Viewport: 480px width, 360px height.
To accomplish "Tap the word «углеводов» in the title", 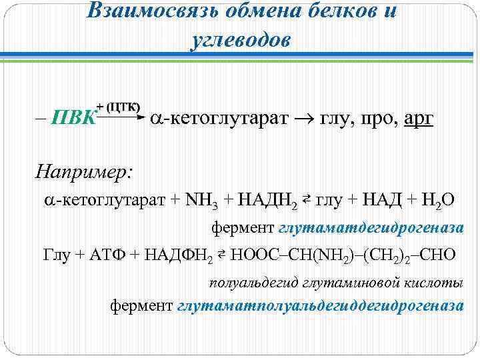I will pyautogui.click(x=241, y=40).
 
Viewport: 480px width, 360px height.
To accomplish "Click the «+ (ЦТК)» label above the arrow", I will pyautogui.click(x=119, y=106).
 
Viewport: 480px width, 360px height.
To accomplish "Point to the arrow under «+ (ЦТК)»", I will pyautogui.click(x=121, y=118).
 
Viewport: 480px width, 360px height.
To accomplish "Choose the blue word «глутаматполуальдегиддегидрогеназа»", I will pyautogui.click(x=320, y=305).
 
